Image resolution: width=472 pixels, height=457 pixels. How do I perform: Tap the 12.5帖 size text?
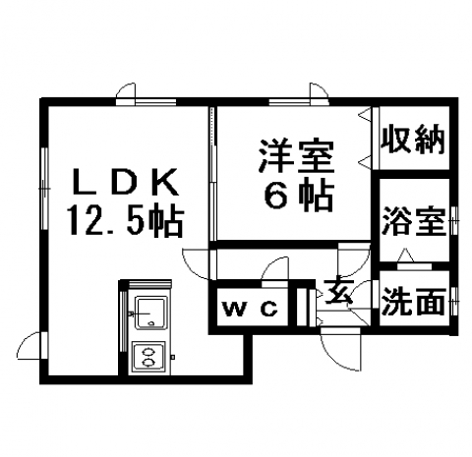click(125, 221)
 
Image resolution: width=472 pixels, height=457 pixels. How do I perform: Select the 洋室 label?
click(296, 156)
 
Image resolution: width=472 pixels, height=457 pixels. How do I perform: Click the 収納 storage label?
click(413, 142)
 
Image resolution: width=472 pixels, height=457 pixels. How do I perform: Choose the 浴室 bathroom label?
click(414, 221)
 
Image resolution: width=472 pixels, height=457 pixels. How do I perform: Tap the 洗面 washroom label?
click(414, 301)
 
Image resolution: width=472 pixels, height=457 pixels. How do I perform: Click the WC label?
click(250, 309)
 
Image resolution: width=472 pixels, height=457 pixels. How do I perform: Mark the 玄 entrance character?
click(338, 292)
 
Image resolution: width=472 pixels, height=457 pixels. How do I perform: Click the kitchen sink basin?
click(151, 313)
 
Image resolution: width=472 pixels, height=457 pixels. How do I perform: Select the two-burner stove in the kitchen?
click(148, 357)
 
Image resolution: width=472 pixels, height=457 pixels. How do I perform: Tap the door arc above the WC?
click(275, 268)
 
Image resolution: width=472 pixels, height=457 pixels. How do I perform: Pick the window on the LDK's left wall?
click(45, 189)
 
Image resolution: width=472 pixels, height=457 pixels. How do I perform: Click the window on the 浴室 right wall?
click(454, 221)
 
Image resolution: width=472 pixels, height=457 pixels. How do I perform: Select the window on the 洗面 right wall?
click(454, 302)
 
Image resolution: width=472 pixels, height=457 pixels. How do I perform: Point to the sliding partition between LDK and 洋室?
click(212, 174)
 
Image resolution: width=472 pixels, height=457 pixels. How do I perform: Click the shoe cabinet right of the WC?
click(303, 307)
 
